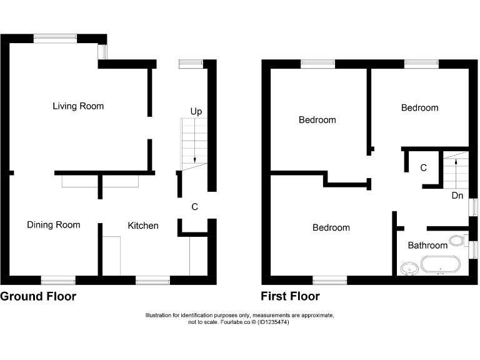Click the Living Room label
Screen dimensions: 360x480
coord(78,106)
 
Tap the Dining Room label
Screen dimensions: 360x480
coord(53,225)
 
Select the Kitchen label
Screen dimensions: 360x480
coord(143,226)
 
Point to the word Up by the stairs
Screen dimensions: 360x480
coord(196,111)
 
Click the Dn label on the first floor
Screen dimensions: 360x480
coord(457,196)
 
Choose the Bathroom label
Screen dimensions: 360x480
coord(427,246)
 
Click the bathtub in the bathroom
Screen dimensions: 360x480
coord(441,265)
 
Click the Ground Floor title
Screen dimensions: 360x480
coord(38,296)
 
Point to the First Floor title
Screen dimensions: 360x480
coord(290,296)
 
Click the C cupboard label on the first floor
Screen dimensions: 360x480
coord(423,168)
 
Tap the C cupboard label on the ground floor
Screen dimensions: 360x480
coord(194,207)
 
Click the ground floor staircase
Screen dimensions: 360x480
coord(194,143)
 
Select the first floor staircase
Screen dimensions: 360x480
coord(456,169)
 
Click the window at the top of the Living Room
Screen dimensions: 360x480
coord(56,38)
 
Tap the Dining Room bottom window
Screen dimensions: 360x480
coord(58,279)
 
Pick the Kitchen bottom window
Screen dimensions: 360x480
coord(152,279)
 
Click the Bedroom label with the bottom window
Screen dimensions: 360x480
coord(331,228)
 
